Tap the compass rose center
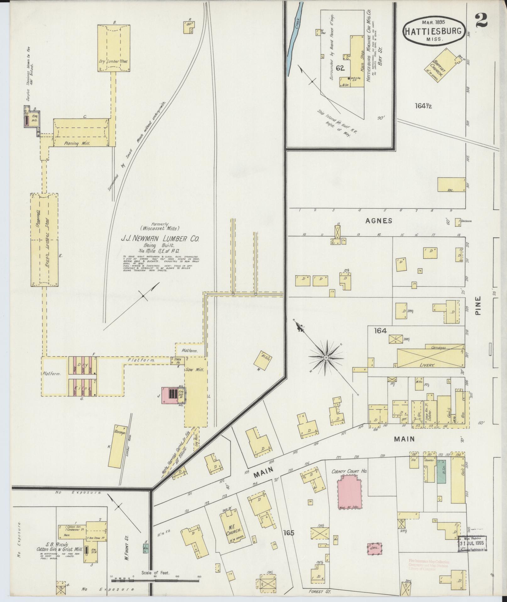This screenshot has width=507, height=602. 326,358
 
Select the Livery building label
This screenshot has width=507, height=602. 427,365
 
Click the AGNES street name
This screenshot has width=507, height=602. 378,221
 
